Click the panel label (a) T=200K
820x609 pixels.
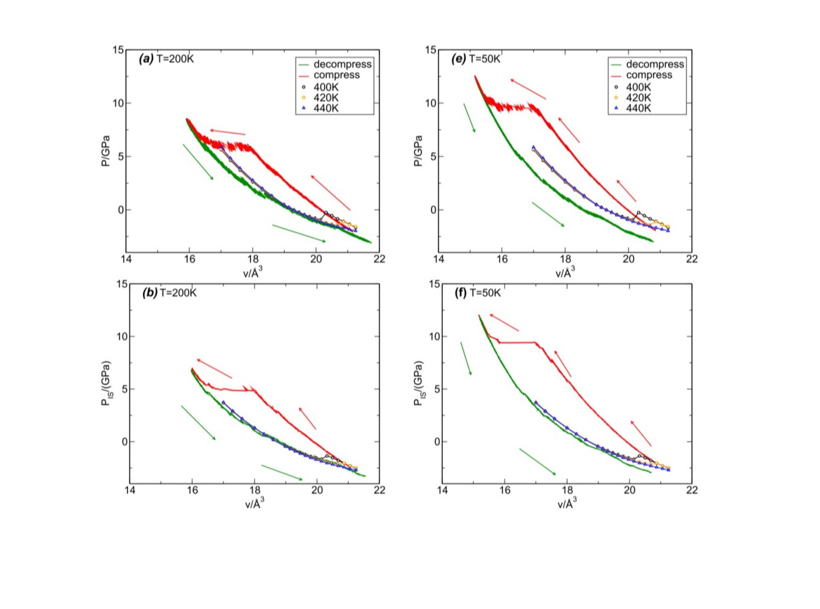tap(166, 59)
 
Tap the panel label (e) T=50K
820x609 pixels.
tap(475, 59)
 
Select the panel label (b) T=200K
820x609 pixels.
tap(169, 293)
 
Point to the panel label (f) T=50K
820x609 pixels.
tap(477, 293)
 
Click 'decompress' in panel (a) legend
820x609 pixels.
tap(342, 64)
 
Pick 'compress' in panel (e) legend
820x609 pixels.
tap(649, 75)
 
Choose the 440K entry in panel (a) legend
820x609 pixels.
tap(325, 108)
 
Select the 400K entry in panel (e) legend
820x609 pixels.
tap(638, 87)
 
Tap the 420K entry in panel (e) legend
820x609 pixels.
tap(638, 98)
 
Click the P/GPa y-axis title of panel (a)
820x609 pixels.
tap(105, 151)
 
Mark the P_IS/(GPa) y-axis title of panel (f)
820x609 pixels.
tap(419, 384)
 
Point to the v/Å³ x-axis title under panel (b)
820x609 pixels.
tap(254, 503)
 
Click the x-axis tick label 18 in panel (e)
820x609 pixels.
tap(565, 259)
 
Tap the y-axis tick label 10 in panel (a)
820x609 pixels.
tap(118, 103)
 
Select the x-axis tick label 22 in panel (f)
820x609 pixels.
tap(692, 490)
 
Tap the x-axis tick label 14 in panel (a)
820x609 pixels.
tap(126, 259)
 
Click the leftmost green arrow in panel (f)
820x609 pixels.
tap(466, 359)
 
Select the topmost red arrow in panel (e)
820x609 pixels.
tap(528, 89)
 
